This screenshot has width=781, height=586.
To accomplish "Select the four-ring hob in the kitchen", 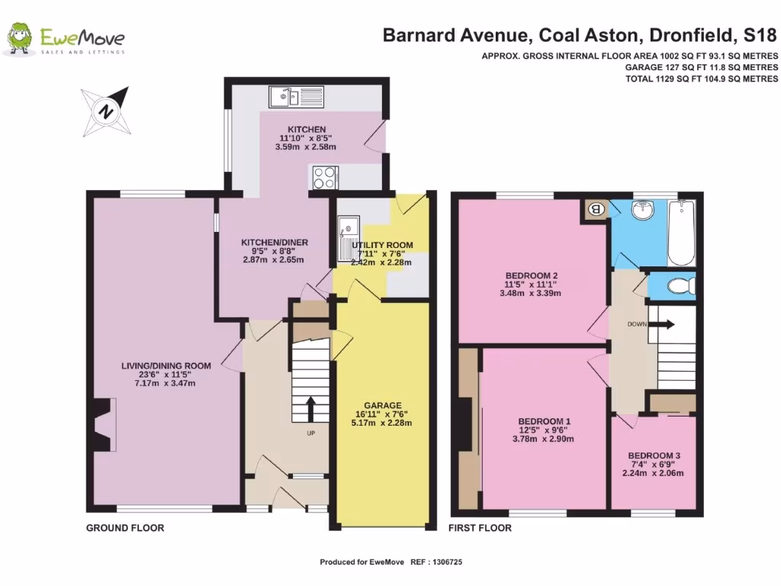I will [x=324, y=177].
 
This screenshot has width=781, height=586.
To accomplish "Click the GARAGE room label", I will [x=382, y=405].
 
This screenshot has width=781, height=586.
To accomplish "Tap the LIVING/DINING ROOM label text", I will [x=166, y=365].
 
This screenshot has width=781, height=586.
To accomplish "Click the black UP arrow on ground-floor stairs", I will [x=310, y=408].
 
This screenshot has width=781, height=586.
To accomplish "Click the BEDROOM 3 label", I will [x=654, y=455].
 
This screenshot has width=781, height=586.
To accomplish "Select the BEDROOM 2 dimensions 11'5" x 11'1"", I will [x=530, y=285].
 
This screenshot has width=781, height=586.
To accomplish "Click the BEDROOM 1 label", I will [x=545, y=421].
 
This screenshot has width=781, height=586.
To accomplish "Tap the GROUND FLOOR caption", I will [x=125, y=528].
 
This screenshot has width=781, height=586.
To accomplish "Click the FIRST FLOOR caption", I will [x=480, y=528].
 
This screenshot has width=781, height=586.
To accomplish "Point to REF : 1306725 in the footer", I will [x=437, y=562].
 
